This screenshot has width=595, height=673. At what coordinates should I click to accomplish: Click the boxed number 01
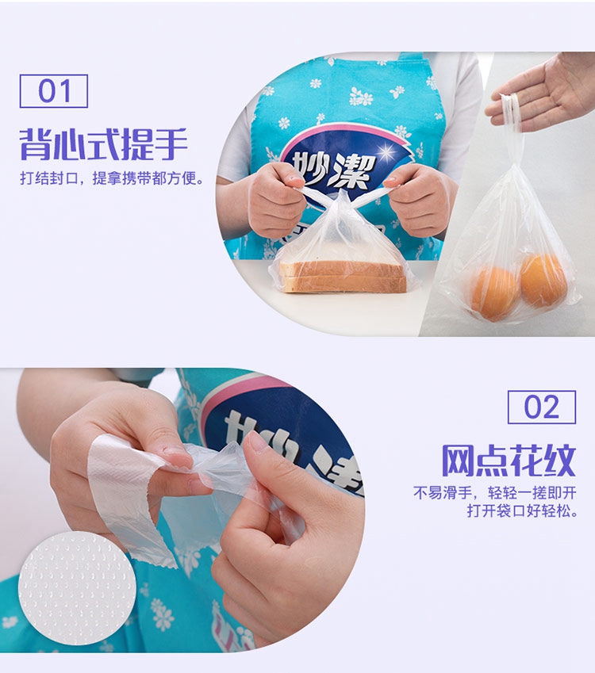(x=54, y=91)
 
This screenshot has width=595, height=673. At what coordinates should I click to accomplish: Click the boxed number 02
(x=542, y=407)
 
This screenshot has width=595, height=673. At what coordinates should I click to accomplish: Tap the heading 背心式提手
(x=104, y=144)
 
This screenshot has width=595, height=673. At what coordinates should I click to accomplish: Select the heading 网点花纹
(x=509, y=461)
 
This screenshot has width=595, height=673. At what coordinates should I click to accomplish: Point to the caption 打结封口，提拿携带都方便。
(x=112, y=178)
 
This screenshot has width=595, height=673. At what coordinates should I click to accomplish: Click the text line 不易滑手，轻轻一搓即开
(x=494, y=492)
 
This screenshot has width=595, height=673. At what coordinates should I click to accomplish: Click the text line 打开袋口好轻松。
(x=522, y=510)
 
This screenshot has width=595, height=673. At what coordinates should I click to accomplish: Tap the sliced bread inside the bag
(x=344, y=277)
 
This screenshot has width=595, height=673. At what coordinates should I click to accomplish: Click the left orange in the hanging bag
(x=494, y=293)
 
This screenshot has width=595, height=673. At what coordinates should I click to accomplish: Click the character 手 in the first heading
(x=171, y=144)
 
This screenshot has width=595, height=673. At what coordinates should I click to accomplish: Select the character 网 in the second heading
(x=458, y=461)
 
